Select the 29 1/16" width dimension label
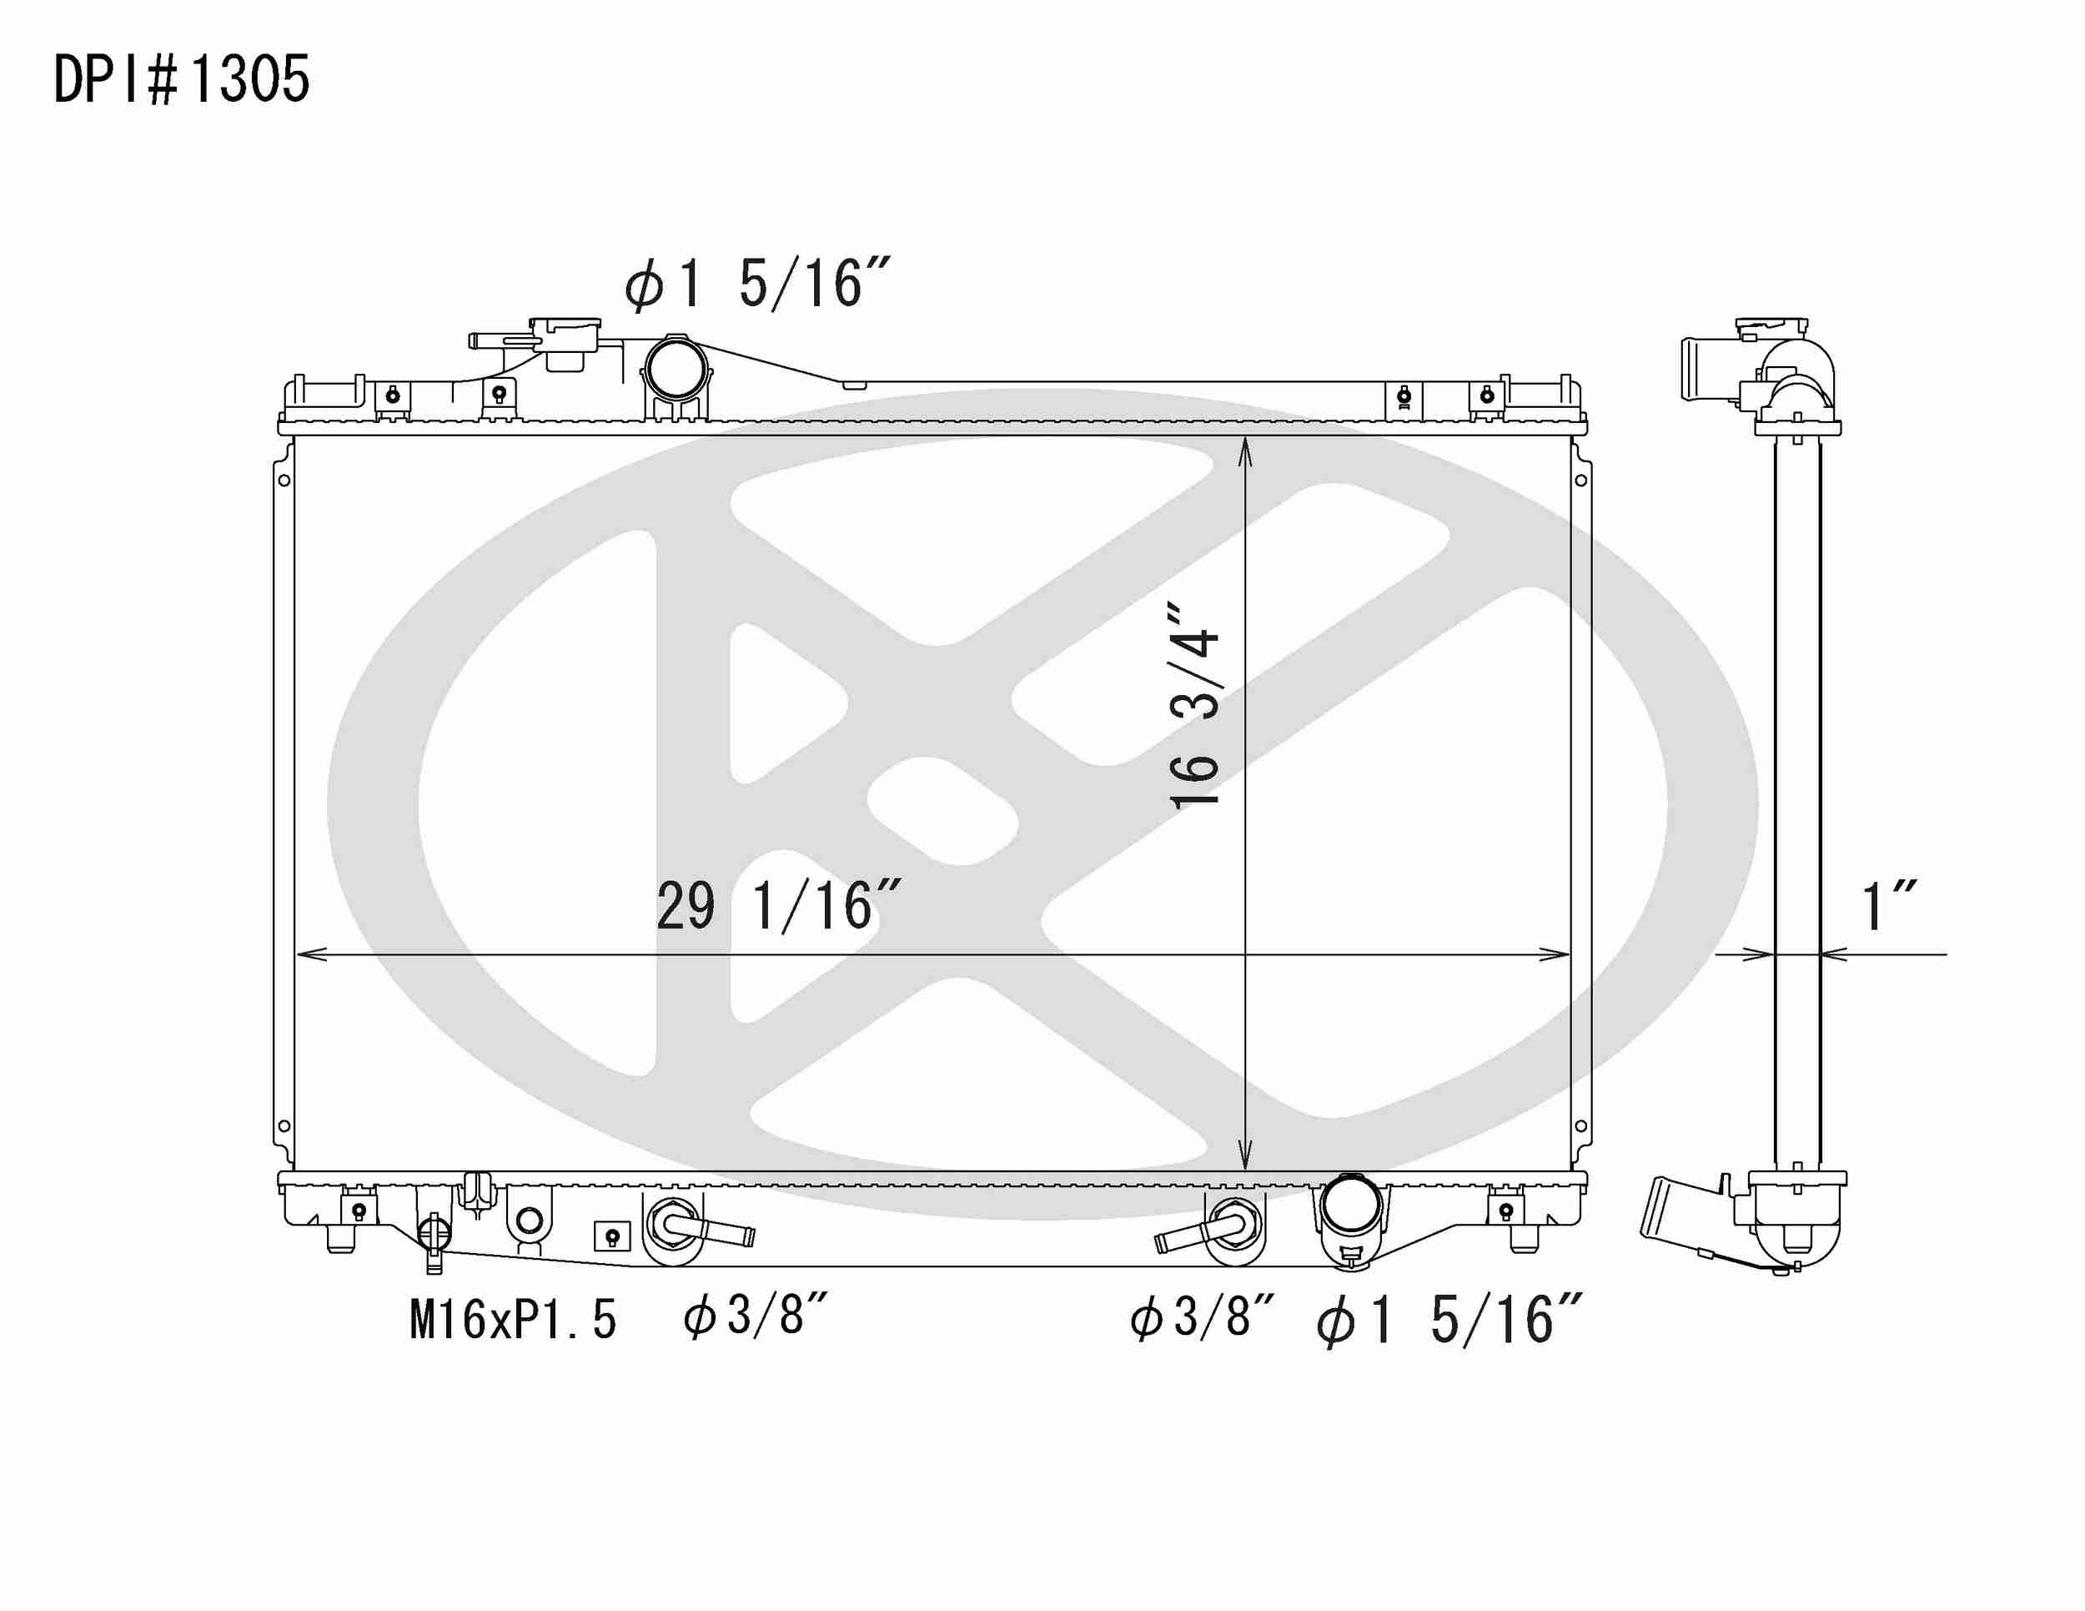(x=778, y=906)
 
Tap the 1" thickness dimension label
(x=1889, y=906)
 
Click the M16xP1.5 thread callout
(x=513, y=1321)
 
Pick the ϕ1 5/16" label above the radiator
(x=756, y=284)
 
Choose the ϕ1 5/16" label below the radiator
(x=1449, y=1321)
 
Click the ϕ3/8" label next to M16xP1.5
(x=754, y=1316)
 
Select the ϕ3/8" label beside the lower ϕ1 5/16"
(x=1201, y=1316)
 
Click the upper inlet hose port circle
(x=677, y=368)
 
